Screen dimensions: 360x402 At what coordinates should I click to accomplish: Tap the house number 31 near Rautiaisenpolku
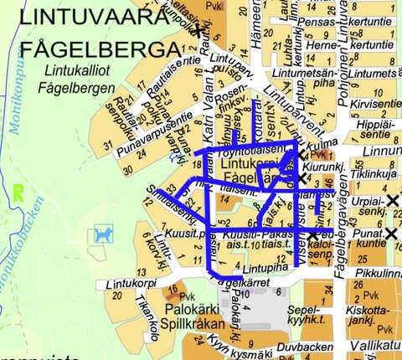coord(106,147)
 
